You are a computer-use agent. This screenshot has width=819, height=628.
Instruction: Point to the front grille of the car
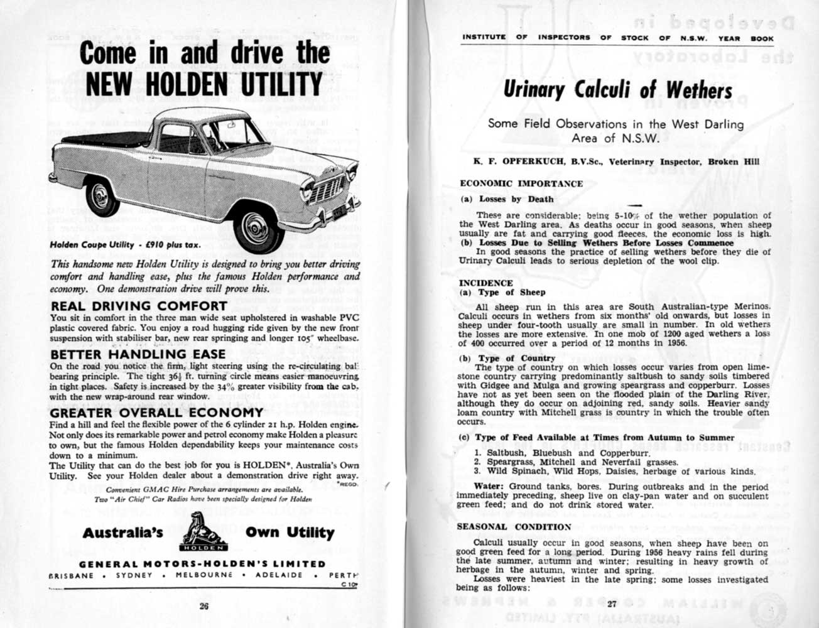click(326, 188)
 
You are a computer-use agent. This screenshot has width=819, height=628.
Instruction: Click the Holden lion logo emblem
click(203, 532)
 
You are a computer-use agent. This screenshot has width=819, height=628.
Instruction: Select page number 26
click(203, 606)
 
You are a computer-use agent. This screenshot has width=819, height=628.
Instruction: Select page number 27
click(613, 604)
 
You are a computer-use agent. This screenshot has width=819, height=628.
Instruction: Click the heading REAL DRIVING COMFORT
click(138, 306)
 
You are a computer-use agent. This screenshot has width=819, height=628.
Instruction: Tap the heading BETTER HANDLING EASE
click(138, 355)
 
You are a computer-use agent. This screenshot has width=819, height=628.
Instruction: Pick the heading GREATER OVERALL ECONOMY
click(156, 413)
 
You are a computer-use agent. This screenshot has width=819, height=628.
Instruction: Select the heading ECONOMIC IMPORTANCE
click(521, 183)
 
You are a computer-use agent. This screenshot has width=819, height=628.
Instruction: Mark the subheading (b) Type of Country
click(507, 358)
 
